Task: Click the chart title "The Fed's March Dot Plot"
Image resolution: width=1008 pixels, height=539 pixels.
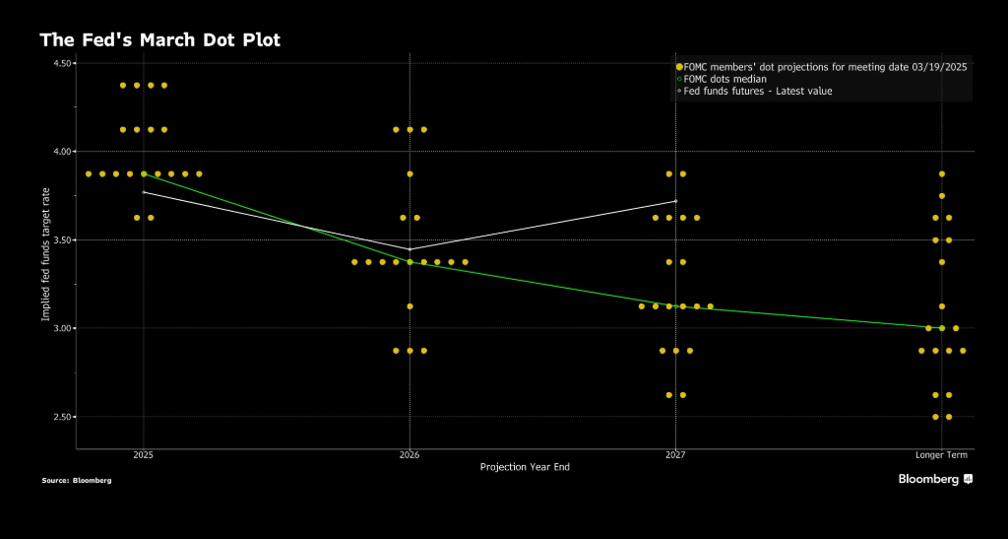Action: click(x=159, y=40)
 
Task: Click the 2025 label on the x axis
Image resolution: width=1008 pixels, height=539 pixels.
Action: click(x=144, y=455)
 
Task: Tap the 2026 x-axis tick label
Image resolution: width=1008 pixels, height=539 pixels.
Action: click(x=409, y=455)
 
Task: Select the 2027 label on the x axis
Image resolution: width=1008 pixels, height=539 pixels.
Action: click(x=675, y=455)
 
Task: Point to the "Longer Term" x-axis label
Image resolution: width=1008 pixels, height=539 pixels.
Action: click(x=942, y=455)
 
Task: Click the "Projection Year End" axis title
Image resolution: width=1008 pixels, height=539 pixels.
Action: click(x=525, y=467)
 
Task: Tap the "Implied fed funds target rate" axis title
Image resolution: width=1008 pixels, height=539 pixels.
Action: click(x=45, y=254)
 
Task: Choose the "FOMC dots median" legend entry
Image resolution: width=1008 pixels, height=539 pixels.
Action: click(x=726, y=79)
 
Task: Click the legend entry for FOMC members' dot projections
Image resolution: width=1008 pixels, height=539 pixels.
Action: click(x=822, y=66)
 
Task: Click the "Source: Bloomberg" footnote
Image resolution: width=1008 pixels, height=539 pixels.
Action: click(x=76, y=481)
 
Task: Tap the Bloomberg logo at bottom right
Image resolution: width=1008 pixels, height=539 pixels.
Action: click(x=934, y=479)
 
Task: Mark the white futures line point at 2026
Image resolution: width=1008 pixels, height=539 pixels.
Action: click(x=409, y=248)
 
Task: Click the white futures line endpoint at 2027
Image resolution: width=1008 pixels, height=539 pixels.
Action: click(x=675, y=201)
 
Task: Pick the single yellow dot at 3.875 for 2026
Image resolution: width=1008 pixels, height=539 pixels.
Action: click(x=409, y=173)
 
